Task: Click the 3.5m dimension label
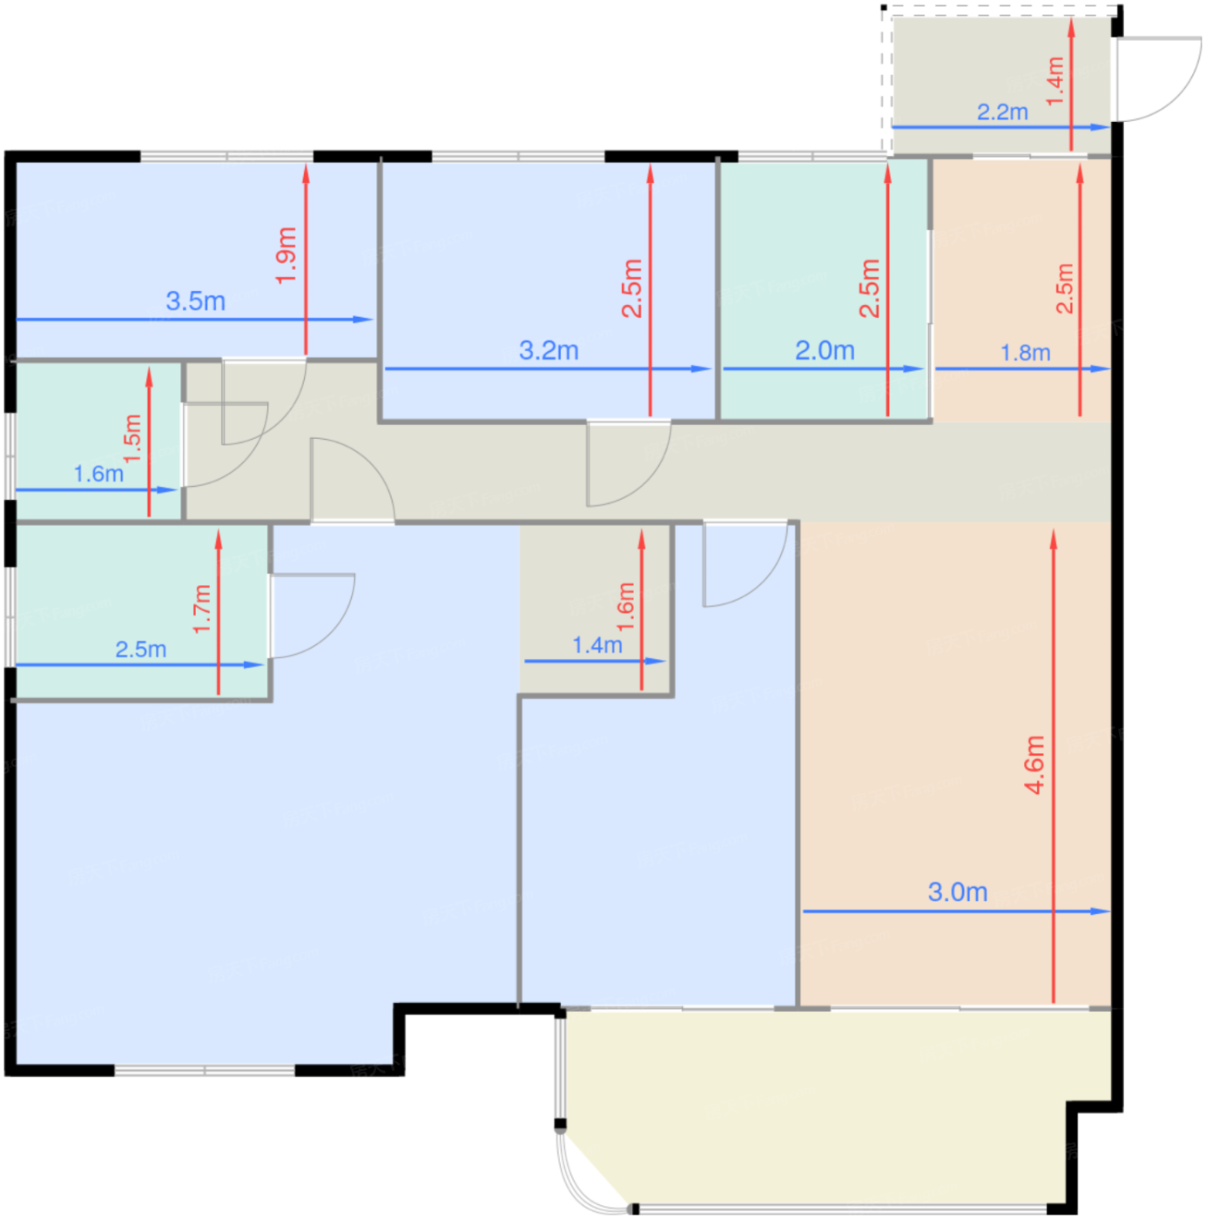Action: (x=195, y=300)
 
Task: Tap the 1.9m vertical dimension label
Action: (x=286, y=255)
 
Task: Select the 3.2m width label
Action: (x=548, y=350)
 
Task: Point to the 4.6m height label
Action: (x=1034, y=764)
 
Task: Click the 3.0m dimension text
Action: (x=957, y=892)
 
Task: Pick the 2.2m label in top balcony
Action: (x=1001, y=112)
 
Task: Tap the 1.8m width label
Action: (x=1024, y=353)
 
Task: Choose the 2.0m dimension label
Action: (x=824, y=350)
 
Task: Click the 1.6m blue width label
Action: (x=98, y=473)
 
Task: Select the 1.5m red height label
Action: (x=132, y=438)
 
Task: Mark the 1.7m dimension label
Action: (x=201, y=609)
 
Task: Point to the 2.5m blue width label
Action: (x=140, y=649)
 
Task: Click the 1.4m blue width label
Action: (x=596, y=645)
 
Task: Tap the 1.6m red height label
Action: (x=624, y=606)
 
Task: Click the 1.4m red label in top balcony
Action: (x=1054, y=81)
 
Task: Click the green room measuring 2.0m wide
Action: (x=824, y=289)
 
